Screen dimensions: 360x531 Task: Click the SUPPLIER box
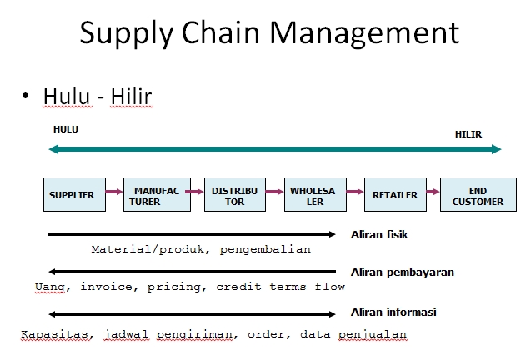(72, 195)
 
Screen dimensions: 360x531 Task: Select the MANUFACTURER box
(152, 195)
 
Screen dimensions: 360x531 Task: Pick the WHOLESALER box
(313, 195)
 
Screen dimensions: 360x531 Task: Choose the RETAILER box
(395, 195)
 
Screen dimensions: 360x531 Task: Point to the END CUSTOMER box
(478, 195)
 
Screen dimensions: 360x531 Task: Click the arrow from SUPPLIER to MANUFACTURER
(113, 192)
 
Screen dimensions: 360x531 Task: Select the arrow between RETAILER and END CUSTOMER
(433, 192)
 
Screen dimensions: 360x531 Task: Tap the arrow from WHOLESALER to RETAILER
(354, 192)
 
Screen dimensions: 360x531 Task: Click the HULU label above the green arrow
(65, 130)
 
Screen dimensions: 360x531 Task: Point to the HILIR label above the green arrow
(468, 134)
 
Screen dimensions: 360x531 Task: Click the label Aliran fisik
(379, 235)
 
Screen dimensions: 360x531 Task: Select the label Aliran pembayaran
(402, 272)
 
